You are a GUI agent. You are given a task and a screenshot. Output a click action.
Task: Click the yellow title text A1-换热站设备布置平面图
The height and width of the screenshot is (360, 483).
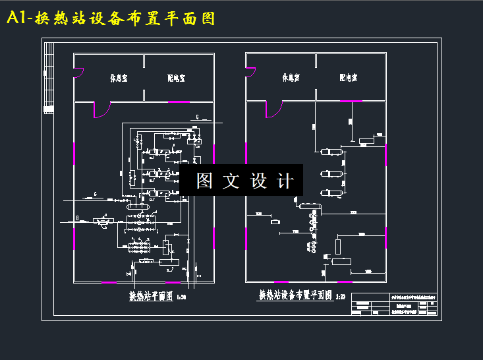(x=111, y=18)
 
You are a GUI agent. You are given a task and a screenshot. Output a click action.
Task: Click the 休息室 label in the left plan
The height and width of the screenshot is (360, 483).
(x=119, y=78)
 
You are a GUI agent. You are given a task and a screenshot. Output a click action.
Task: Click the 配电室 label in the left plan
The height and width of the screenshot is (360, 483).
(x=176, y=78)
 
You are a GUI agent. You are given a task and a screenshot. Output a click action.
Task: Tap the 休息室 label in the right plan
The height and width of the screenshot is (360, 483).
(x=291, y=78)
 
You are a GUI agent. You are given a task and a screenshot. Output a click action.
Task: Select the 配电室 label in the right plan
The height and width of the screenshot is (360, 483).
(x=348, y=78)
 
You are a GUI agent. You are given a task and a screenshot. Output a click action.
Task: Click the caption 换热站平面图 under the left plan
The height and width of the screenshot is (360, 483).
(x=150, y=297)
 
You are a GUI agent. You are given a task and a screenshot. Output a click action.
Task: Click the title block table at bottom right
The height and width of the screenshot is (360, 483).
(x=395, y=305)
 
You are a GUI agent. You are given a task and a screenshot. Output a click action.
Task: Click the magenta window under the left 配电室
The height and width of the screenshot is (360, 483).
(x=179, y=102)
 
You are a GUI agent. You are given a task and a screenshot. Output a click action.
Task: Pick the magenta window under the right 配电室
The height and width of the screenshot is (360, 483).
(x=351, y=101)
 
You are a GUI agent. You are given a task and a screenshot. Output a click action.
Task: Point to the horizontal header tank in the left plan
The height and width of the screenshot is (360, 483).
(x=140, y=206)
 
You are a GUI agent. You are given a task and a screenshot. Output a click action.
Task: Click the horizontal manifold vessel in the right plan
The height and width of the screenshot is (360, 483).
(x=310, y=207)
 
